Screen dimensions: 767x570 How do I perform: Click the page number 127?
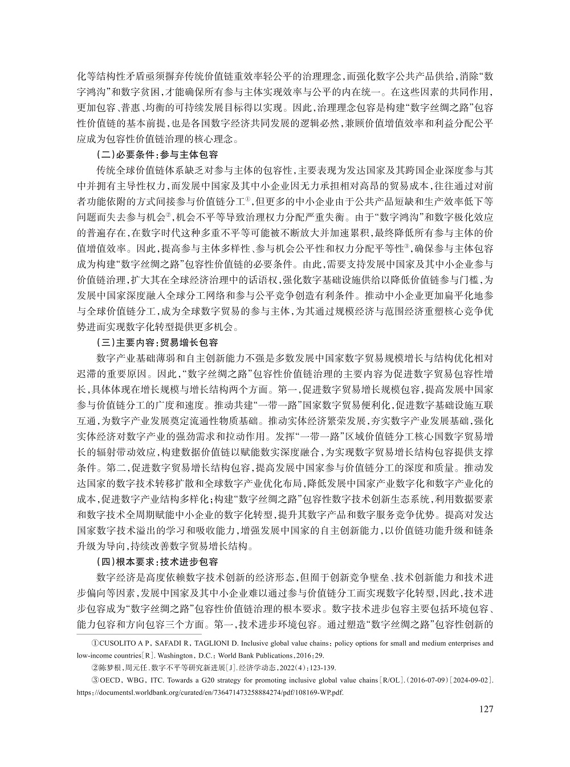click(484, 709)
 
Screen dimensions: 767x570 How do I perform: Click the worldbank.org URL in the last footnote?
click(211, 692)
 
